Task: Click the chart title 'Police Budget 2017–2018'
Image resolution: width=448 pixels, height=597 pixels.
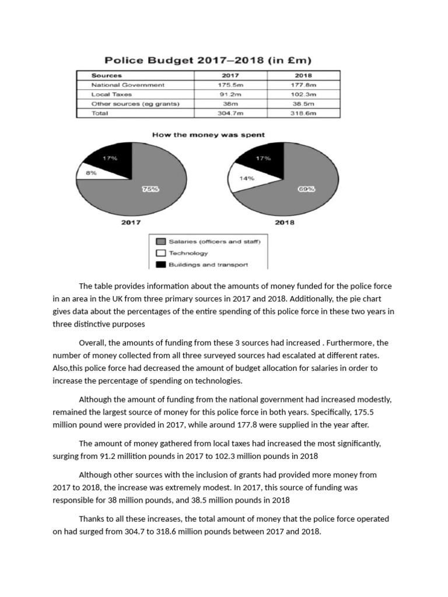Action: click(x=208, y=60)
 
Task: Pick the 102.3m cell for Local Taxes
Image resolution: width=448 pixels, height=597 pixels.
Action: click(x=303, y=94)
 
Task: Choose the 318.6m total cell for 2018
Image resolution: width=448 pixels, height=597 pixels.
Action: click(x=303, y=113)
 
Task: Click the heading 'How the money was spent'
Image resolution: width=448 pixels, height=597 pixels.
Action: click(x=208, y=135)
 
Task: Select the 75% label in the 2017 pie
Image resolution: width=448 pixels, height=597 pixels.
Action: click(x=150, y=189)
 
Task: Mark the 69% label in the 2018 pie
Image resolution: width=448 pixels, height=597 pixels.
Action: click(x=306, y=189)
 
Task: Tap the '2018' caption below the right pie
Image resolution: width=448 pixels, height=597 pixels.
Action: click(x=284, y=222)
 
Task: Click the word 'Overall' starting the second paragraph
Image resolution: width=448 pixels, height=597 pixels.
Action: click(x=92, y=343)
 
